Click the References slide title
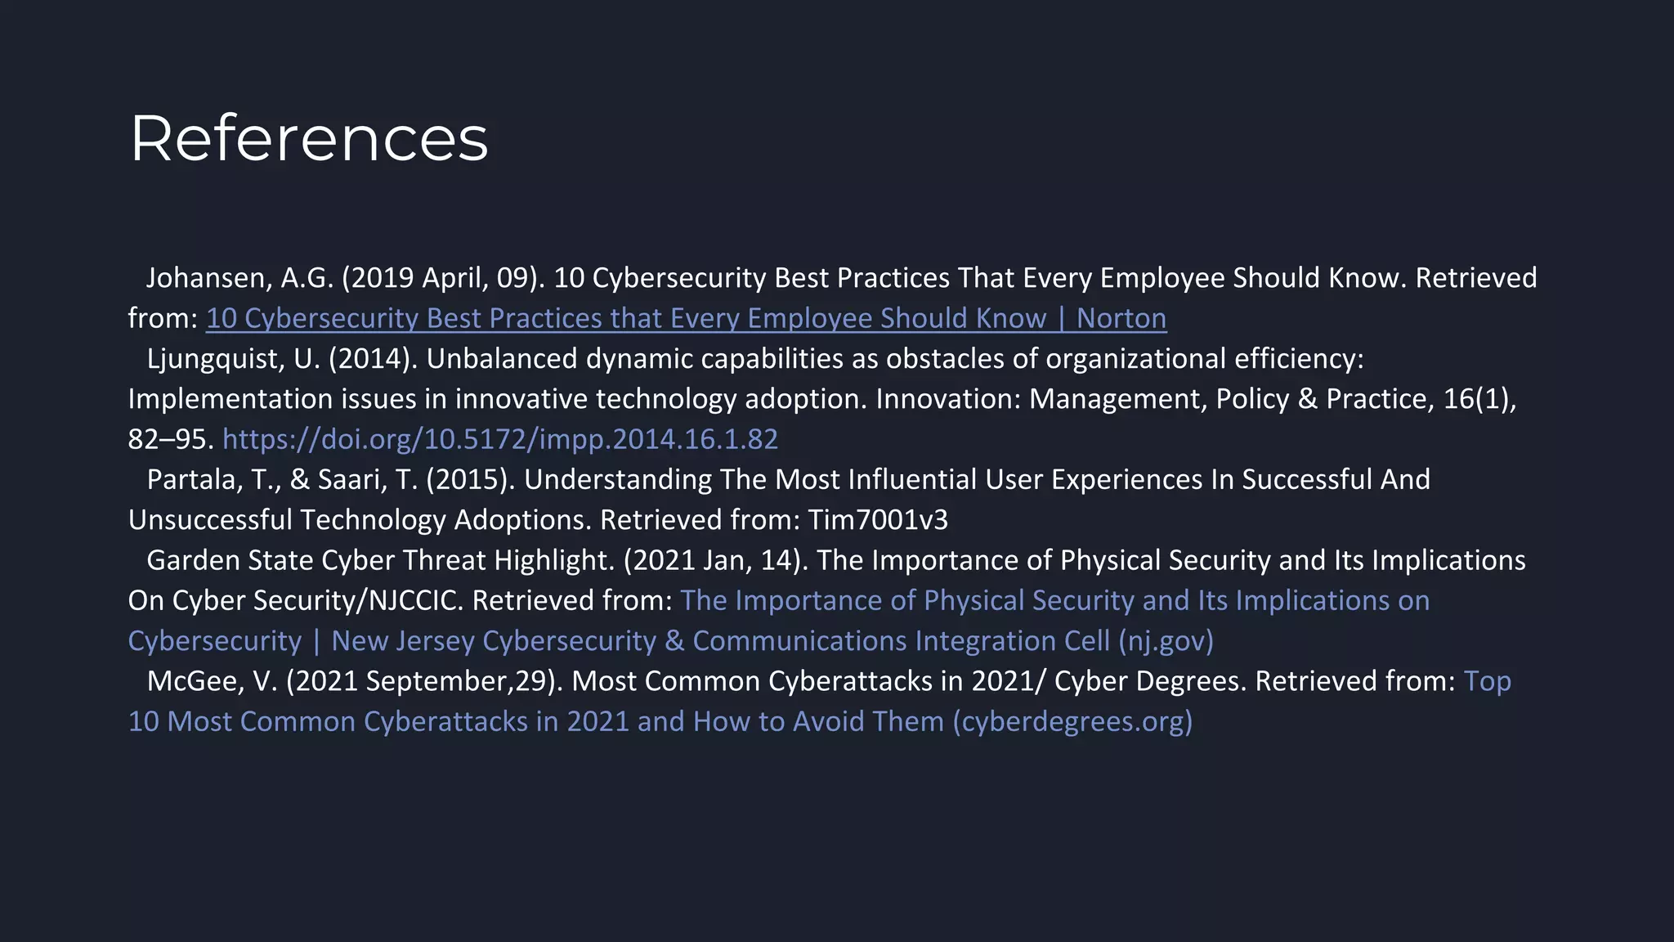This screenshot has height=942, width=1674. (309, 138)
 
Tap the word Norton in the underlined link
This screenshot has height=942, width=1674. (1121, 318)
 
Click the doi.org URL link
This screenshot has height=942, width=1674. (500, 439)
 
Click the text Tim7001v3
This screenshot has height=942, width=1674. (878, 520)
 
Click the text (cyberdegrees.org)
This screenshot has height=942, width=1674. (1072, 721)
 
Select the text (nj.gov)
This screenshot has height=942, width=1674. (1166, 641)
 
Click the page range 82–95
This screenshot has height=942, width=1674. (170, 439)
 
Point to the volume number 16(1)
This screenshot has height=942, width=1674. (1479, 399)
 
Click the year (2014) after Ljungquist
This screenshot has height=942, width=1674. (373, 359)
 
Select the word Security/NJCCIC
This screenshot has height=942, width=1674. (358, 600)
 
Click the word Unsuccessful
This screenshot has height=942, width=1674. (210, 520)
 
